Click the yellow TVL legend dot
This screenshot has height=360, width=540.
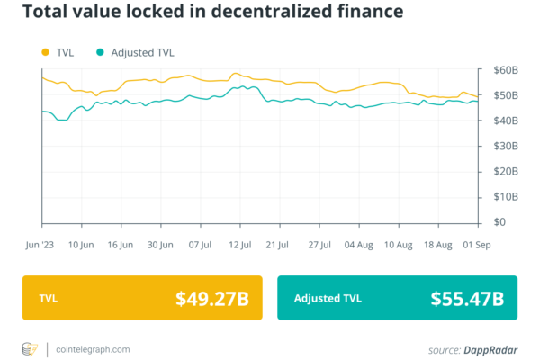tap(46, 52)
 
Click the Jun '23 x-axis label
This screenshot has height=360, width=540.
tap(42, 244)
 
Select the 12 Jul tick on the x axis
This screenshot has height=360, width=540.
tap(238, 244)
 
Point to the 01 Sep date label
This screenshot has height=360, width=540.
tap(476, 244)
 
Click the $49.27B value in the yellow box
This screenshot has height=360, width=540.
tap(211, 298)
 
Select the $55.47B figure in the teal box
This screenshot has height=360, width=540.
tap(466, 298)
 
